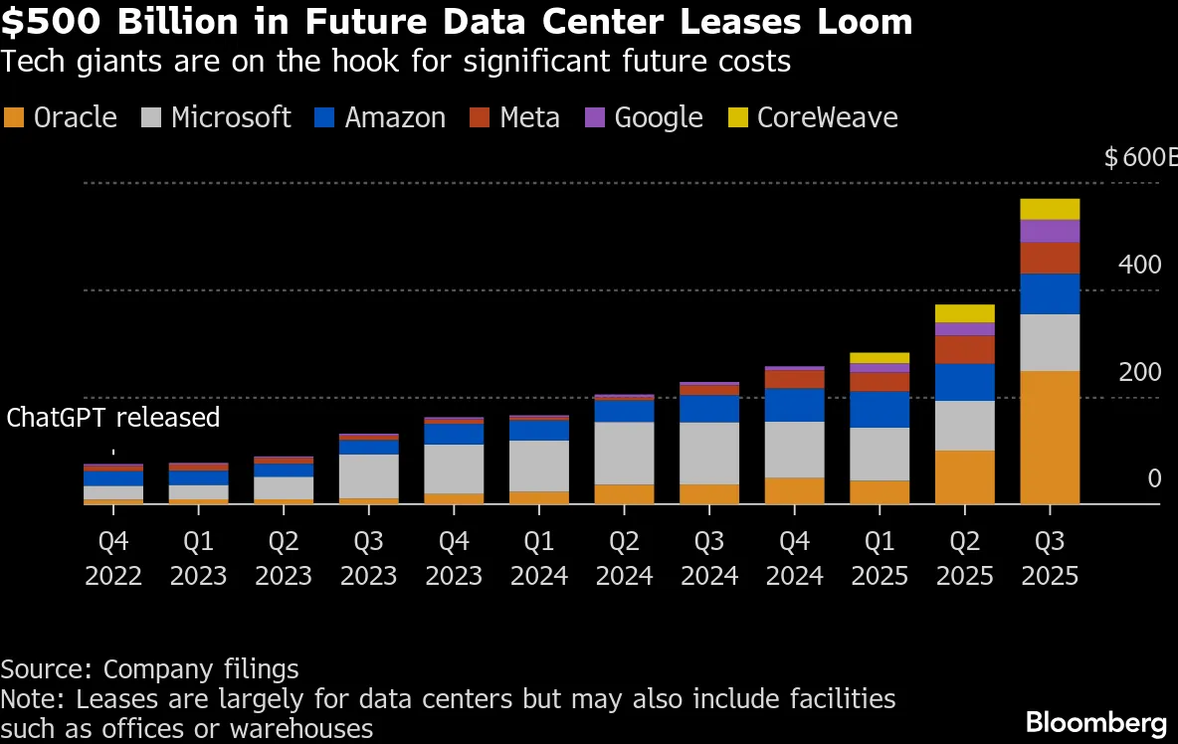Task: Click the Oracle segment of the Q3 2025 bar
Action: click(x=1050, y=438)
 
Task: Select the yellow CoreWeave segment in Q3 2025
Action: click(x=1050, y=209)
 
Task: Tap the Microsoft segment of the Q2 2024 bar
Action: click(x=624, y=453)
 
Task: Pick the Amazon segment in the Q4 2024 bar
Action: click(x=794, y=405)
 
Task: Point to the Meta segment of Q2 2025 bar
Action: click(x=964, y=349)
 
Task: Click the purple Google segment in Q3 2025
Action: click(x=1050, y=231)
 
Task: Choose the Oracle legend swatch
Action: click(x=14, y=117)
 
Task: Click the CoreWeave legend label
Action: click(x=827, y=117)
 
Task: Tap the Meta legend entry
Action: click(x=529, y=117)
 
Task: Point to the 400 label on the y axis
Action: click(x=1140, y=265)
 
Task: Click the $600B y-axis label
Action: click(x=1140, y=157)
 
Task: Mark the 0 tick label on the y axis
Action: click(x=1154, y=478)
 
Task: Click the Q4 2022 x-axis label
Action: click(x=113, y=558)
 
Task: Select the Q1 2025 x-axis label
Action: click(x=880, y=558)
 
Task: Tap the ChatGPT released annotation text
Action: click(x=113, y=417)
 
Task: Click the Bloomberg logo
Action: click(x=1095, y=722)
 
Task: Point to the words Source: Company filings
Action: click(x=149, y=668)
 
